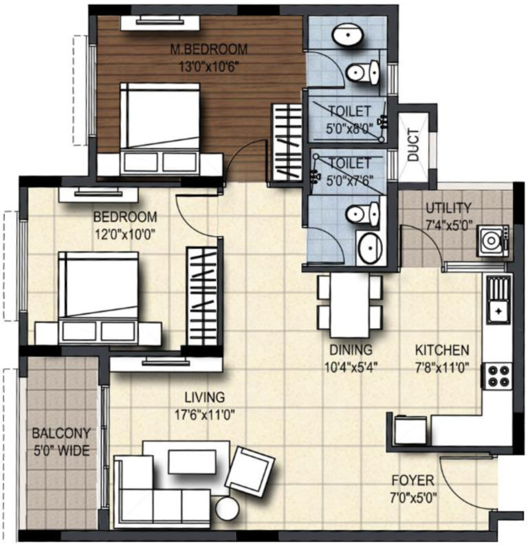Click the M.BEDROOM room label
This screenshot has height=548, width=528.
pos(208,49)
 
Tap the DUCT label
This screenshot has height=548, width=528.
pos(413,144)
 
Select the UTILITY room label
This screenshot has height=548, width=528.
pos(448,208)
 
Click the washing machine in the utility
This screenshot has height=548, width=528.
pos(493,241)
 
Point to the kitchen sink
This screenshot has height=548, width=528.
pos(498,299)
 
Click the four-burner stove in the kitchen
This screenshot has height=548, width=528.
pos(498,375)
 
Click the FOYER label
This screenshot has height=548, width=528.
pos(412,480)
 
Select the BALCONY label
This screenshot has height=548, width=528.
pos(61,433)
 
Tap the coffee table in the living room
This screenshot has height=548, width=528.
pos(192,461)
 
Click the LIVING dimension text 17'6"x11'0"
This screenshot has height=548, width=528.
pos(204,415)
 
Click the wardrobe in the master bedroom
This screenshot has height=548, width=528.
pos(286,142)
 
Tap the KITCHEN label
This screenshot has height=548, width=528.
pos(442,349)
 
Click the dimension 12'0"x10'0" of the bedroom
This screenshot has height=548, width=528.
pos(124,234)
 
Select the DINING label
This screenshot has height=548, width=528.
pos(351,349)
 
